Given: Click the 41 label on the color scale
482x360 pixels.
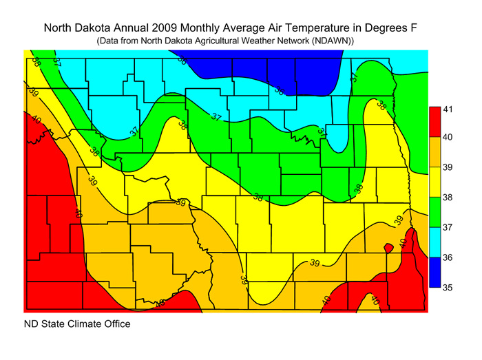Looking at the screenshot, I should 448,109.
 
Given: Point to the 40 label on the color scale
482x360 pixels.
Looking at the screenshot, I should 448,138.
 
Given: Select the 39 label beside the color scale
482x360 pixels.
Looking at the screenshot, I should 448,167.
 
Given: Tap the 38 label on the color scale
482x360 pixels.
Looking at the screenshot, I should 448,197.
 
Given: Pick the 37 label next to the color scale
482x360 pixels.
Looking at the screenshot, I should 448,226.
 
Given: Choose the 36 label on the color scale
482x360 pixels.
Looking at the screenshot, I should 448,257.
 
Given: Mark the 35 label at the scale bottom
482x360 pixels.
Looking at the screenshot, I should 448,286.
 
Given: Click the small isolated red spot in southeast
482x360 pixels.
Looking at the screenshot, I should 388,247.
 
